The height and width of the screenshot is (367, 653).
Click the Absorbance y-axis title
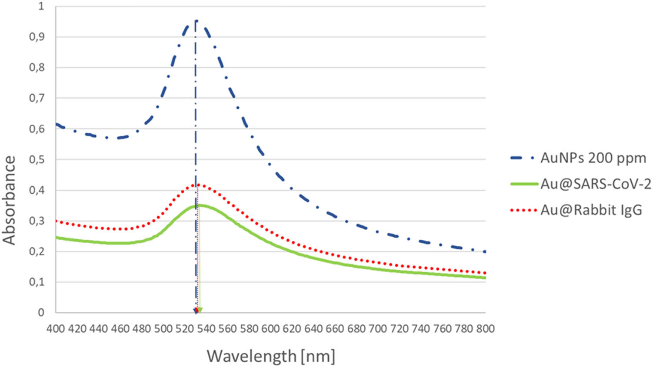[x=9, y=200]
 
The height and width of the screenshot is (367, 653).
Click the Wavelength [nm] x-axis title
[x=271, y=356]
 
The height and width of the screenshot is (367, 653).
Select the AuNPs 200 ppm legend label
[x=593, y=158]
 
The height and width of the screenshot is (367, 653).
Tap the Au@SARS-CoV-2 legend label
[x=596, y=184]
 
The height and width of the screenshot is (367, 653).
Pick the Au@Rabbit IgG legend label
[x=591, y=210]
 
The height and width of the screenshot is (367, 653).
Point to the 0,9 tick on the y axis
[x=37, y=37]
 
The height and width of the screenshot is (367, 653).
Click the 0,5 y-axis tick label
[x=37, y=159]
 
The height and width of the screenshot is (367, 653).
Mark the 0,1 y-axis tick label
[x=37, y=282]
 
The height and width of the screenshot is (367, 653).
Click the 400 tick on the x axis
[x=56, y=329]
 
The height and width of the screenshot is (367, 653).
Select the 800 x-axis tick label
[x=485, y=329]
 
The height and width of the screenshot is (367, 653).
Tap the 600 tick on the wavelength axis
[x=270, y=329]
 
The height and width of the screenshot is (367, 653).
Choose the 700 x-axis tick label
[x=378, y=329]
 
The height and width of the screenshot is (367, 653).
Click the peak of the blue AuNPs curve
[x=196, y=20]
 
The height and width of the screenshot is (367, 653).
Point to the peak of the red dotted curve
[x=198, y=185]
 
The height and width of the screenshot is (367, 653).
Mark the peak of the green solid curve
[x=199, y=205]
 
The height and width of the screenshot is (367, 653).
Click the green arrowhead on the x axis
[x=200, y=311]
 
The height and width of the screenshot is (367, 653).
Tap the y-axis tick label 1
[x=41, y=7]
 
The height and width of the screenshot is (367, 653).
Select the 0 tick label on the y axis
[x=41, y=312]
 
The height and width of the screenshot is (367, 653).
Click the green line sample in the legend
[x=524, y=184]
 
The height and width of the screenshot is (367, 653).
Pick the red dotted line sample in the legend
[x=524, y=210]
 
